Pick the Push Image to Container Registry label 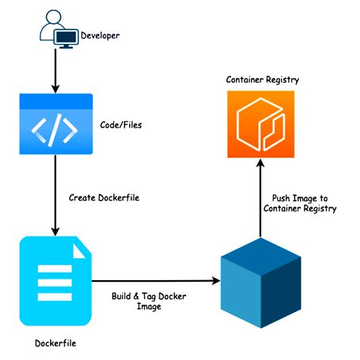tap(299, 203)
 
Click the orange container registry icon tap(260, 123)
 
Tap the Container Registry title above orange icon tap(260, 80)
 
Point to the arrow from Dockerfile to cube tap(156, 280)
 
